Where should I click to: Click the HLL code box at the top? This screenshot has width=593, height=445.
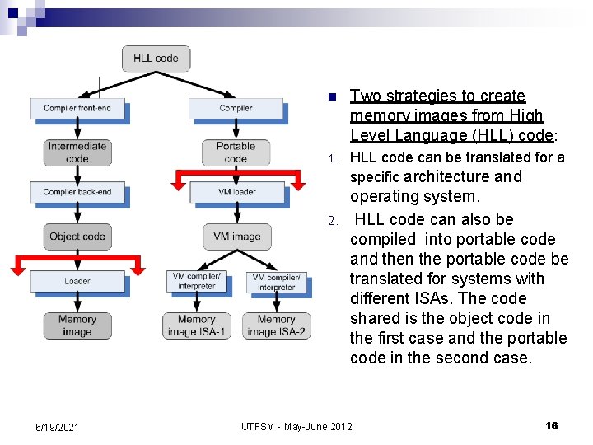tap(156, 59)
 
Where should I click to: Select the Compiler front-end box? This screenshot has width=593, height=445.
tap(77, 108)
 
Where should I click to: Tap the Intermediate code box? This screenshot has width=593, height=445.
tap(77, 152)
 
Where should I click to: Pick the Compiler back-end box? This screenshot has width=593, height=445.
tap(77, 192)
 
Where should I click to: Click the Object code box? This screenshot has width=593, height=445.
tap(77, 237)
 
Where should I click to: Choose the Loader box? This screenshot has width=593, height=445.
tap(77, 281)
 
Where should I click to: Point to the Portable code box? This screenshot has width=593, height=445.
tap(236, 152)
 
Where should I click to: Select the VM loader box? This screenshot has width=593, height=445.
tap(236, 192)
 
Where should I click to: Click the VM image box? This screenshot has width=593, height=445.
tap(236, 237)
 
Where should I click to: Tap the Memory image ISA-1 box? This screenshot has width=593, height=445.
tap(196, 326)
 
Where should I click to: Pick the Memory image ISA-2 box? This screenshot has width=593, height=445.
tap(276, 326)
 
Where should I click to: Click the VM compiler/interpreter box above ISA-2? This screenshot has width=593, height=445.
tap(276, 282)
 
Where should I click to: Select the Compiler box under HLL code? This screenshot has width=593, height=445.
tap(236, 108)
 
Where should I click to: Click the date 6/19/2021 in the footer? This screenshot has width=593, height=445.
tap(58, 427)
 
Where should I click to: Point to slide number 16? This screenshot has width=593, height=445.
tap(552, 425)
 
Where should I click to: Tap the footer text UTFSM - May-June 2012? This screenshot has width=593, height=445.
tap(296, 426)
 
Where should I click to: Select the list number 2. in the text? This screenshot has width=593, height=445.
tap(332, 221)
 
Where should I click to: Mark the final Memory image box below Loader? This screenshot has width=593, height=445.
tap(77, 326)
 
